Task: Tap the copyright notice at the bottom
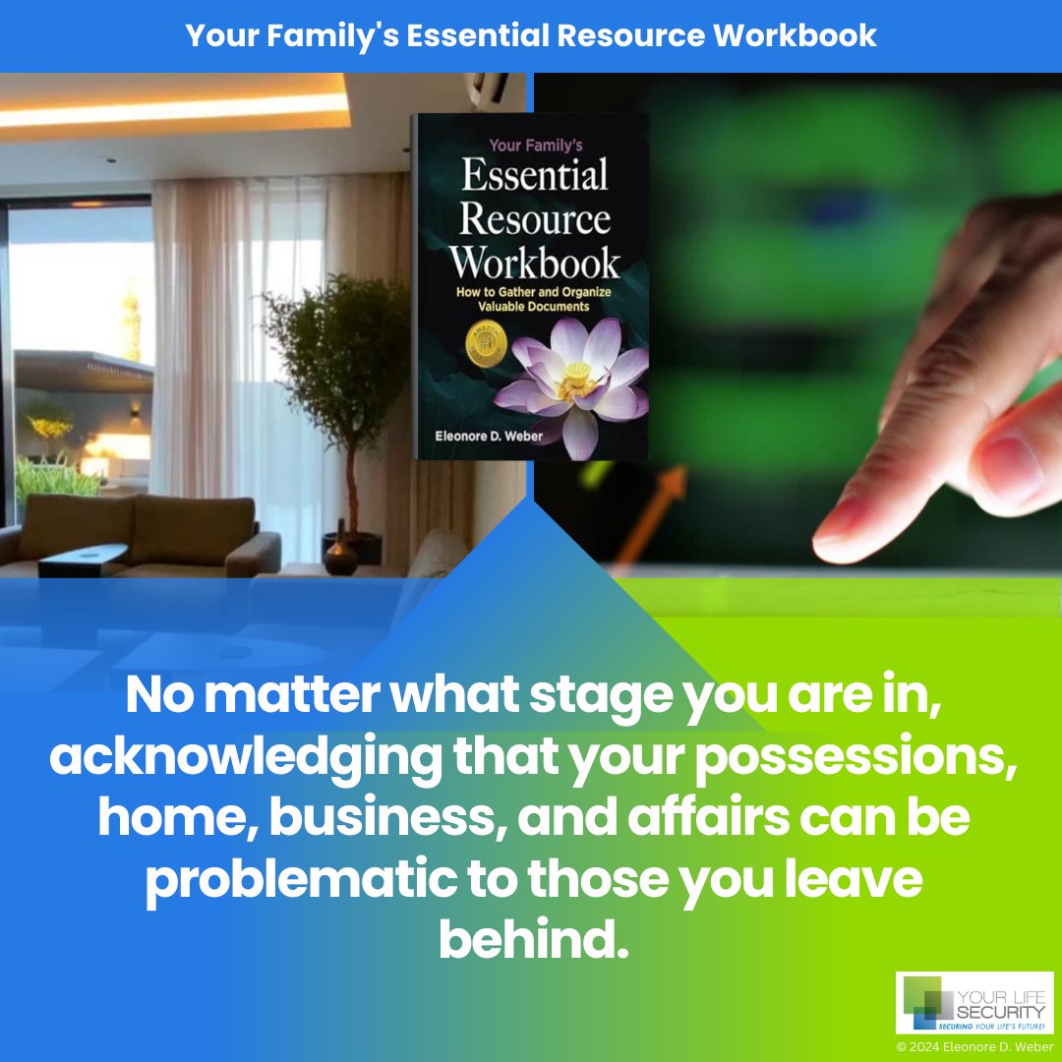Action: point(973,1046)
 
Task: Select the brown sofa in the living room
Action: point(147,536)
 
